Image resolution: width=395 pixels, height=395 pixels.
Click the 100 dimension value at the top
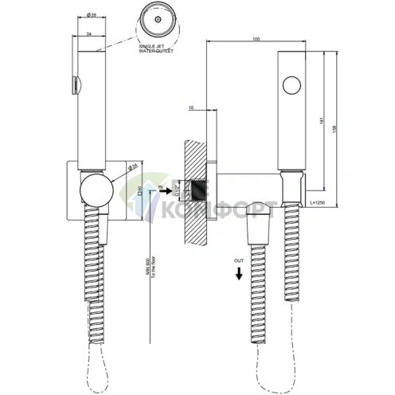pos(255,39)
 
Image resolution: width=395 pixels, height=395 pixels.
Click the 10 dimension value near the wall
pos(192,107)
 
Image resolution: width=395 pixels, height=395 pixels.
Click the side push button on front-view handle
pos(75,84)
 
